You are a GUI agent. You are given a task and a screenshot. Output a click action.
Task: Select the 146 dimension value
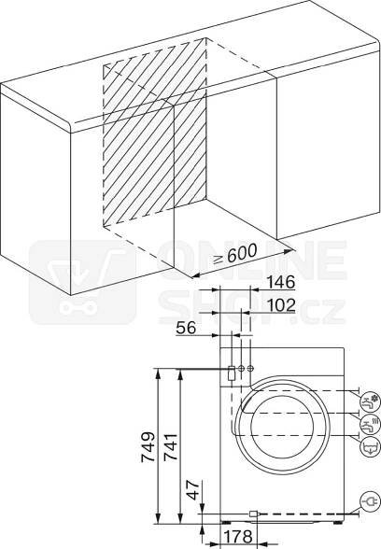click(281, 282)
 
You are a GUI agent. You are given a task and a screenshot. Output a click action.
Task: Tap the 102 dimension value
click(281, 305)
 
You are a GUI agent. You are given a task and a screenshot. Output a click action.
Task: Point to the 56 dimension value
click(186, 328)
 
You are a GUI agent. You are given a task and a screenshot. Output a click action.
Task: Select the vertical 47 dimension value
click(192, 489)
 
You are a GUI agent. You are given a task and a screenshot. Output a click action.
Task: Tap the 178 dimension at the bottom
click(238, 537)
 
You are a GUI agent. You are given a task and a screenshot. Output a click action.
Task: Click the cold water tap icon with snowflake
click(370, 402)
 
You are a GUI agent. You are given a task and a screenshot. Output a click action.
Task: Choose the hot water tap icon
click(370, 424)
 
